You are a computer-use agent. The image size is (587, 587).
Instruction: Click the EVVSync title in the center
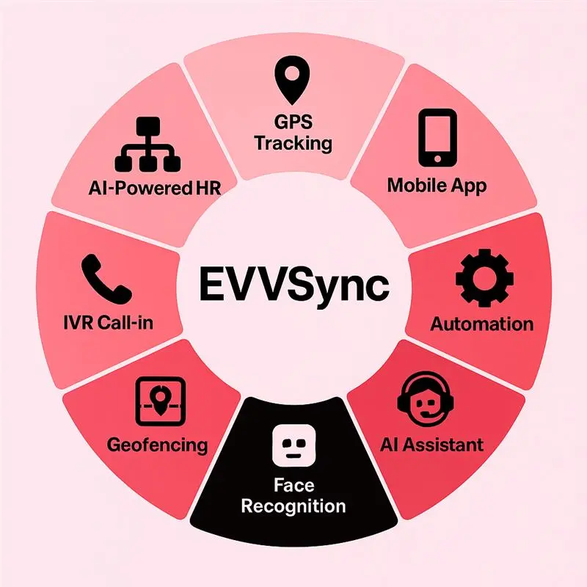[x=294, y=285]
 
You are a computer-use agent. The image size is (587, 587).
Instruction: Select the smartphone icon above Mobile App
[x=437, y=137]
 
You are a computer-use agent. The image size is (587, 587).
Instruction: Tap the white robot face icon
[x=294, y=445]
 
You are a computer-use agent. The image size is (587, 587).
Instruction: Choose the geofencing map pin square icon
[x=161, y=401]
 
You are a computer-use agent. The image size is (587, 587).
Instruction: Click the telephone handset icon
[x=106, y=279]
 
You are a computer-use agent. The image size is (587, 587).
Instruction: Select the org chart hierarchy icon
[x=147, y=144]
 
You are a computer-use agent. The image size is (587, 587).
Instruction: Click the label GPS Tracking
[x=293, y=133]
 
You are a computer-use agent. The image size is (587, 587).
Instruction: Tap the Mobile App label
[x=437, y=186]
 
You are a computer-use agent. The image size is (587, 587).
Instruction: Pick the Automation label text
[x=482, y=324]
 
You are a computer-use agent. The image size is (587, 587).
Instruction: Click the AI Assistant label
[x=431, y=445]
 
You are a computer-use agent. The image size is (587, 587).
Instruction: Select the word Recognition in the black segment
[x=293, y=506]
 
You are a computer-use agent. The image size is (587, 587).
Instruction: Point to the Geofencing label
[x=157, y=445]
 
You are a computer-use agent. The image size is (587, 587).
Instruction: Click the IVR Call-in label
[x=108, y=323]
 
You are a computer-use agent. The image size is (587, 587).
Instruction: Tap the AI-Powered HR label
[x=155, y=188]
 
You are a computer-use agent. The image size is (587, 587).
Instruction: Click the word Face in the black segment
[x=294, y=485]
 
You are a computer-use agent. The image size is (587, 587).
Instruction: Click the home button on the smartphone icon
[x=437, y=159]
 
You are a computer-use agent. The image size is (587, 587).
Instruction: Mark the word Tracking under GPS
[x=293, y=144]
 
